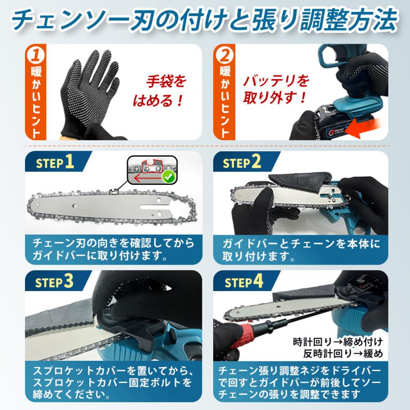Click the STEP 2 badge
pos(242,163)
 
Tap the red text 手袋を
pos(166,82)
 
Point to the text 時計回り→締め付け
pos(337,341)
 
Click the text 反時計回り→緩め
pos(344,353)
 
